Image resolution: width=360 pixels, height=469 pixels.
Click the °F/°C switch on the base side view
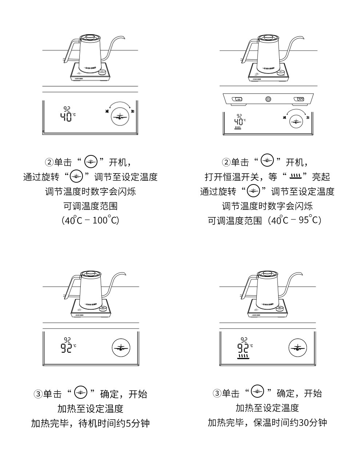tap(299, 99)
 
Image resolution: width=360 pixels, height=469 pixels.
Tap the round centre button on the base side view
tap(268, 99)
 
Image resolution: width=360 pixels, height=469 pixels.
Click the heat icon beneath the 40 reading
tap(239, 128)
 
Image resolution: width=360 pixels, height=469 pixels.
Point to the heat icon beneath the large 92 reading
tap(243, 355)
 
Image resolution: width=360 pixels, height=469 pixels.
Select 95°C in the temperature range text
tap(309, 220)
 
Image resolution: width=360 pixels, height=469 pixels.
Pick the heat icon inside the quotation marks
tap(295, 177)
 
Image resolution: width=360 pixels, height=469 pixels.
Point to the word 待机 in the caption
tap(88, 423)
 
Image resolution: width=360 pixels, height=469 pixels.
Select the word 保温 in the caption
tap(263, 422)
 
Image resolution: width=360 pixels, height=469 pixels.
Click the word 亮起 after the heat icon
tap(321, 177)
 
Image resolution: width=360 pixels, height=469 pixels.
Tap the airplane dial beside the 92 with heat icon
tap(298, 347)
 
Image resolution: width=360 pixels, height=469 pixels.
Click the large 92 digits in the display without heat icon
tap(66, 348)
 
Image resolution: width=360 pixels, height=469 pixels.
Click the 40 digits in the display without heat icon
tap(66, 117)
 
